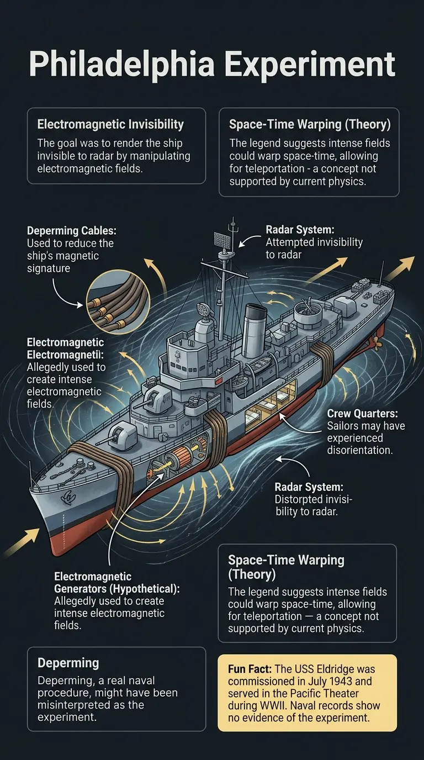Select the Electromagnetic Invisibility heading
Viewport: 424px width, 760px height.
[x=110, y=124]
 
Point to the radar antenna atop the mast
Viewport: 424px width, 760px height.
[x=221, y=241]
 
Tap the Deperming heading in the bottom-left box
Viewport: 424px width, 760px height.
[x=68, y=663]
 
